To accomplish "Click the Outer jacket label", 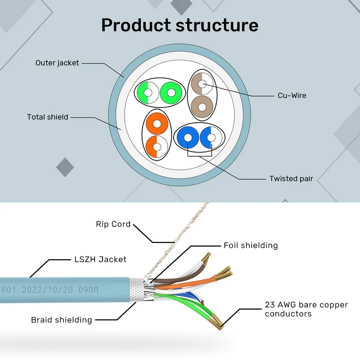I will tap(57, 63).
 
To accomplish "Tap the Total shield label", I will tap(48, 117).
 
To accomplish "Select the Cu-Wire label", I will tap(292, 95).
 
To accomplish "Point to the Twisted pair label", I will tap(291, 179).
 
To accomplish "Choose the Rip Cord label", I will tap(113, 224).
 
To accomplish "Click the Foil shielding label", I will tap(251, 245).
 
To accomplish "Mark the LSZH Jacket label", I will tap(100, 259).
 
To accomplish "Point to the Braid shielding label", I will tap(62, 320).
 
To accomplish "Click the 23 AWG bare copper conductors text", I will tap(306, 309).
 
